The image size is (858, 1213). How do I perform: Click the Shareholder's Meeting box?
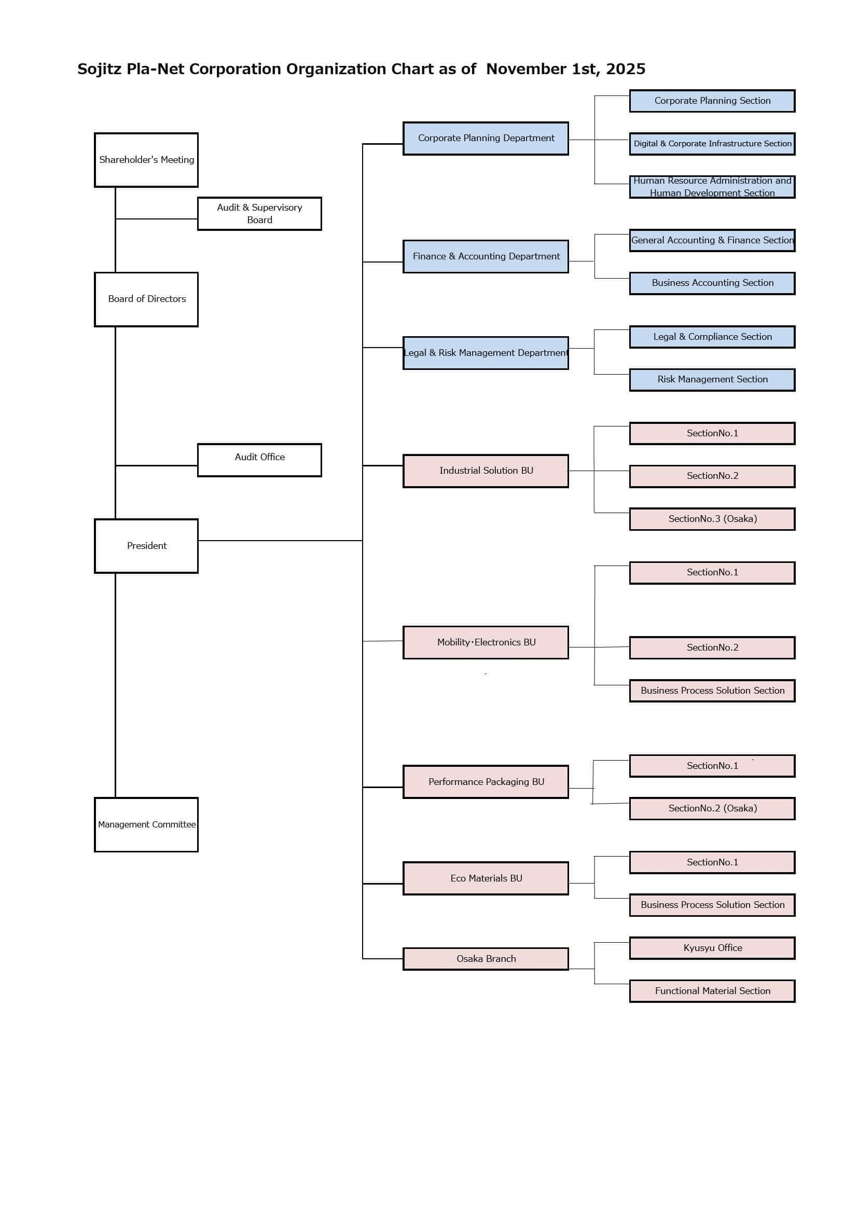point(146,160)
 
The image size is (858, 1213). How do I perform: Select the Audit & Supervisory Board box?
point(259,213)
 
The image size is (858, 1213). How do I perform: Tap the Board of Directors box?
point(146,299)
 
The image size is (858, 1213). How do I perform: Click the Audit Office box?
point(259,460)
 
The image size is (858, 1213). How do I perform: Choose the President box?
point(146,546)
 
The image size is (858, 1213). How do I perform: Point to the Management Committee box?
point(146,824)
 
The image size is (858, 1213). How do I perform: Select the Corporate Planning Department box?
point(486,139)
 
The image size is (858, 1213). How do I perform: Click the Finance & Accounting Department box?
point(486,256)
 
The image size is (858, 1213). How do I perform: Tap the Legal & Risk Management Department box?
point(486,353)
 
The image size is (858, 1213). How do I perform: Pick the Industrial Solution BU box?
point(486,471)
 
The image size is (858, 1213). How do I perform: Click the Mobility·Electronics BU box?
point(486,642)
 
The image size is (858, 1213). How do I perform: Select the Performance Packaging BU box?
point(486,781)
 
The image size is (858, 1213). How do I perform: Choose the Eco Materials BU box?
point(486,878)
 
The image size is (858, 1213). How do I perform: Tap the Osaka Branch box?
point(486,958)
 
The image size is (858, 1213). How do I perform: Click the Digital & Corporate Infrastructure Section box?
point(712,144)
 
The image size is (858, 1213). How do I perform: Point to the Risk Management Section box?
point(712,379)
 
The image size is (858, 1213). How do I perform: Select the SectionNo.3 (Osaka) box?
point(712,519)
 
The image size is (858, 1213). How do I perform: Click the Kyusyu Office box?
point(712,948)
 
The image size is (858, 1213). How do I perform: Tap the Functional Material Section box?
point(712,990)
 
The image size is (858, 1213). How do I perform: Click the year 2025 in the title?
point(626,69)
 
